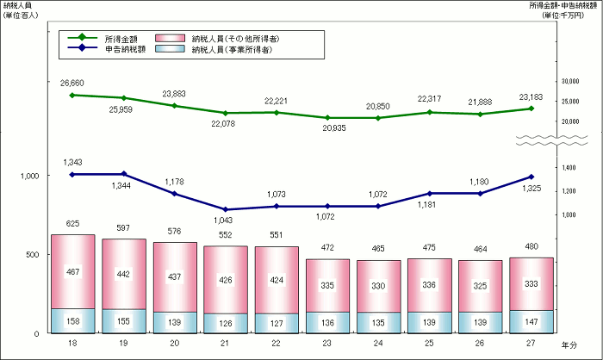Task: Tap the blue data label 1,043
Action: pyautogui.click(x=226, y=220)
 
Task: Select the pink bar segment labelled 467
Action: pyautogui.click(x=73, y=271)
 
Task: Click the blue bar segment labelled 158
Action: pyautogui.click(x=73, y=320)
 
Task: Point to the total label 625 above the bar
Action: pyautogui.click(x=73, y=224)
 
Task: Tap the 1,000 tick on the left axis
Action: pyautogui.click(x=29, y=176)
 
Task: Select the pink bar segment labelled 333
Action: pyautogui.click(x=531, y=283)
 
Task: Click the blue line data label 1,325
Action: pyautogui.click(x=531, y=164)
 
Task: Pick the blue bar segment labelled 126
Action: pyautogui.click(x=226, y=323)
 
